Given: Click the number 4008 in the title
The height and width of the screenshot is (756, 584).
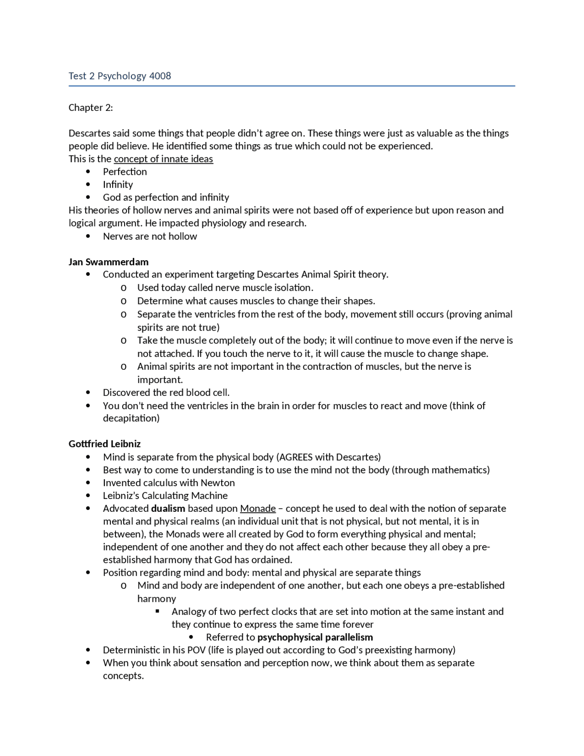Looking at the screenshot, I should pyautogui.click(x=160, y=76).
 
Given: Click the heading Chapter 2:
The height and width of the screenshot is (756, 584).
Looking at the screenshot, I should pyautogui.click(x=90, y=107).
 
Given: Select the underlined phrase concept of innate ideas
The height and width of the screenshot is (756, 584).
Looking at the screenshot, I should pyautogui.click(x=163, y=159).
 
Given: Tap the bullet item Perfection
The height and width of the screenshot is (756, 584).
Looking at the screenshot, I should pyautogui.click(x=125, y=172).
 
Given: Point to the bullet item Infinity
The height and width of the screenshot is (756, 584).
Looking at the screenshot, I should pyautogui.click(x=118, y=184).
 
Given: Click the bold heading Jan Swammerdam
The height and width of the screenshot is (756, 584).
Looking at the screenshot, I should pyautogui.click(x=109, y=262).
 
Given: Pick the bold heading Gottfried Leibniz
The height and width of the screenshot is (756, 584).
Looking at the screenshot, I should pyautogui.click(x=104, y=444).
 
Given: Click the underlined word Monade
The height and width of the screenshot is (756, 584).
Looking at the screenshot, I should pyautogui.click(x=258, y=508).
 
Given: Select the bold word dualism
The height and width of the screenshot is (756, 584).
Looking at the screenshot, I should pyautogui.click(x=168, y=508).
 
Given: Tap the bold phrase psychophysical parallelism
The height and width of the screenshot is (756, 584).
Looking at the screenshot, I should pyautogui.click(x=315, y=637).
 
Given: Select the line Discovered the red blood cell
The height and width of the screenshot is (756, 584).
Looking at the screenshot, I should pyautogui.click(x=166, y=392).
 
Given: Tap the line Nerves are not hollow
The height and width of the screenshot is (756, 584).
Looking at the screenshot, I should pyautogui.click(x=150, y=236).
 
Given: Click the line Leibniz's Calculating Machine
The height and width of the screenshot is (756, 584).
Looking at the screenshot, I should pyautogui.click(x=165, y=495).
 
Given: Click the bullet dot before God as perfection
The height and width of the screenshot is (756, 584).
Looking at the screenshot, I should pyautogui.click(x=88, y=197).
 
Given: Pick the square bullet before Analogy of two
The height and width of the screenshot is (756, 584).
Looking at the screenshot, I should pyautogui.click(x=157, y=611).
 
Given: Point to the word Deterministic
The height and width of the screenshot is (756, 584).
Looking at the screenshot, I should pyautogui.click(x=131, y=650).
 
